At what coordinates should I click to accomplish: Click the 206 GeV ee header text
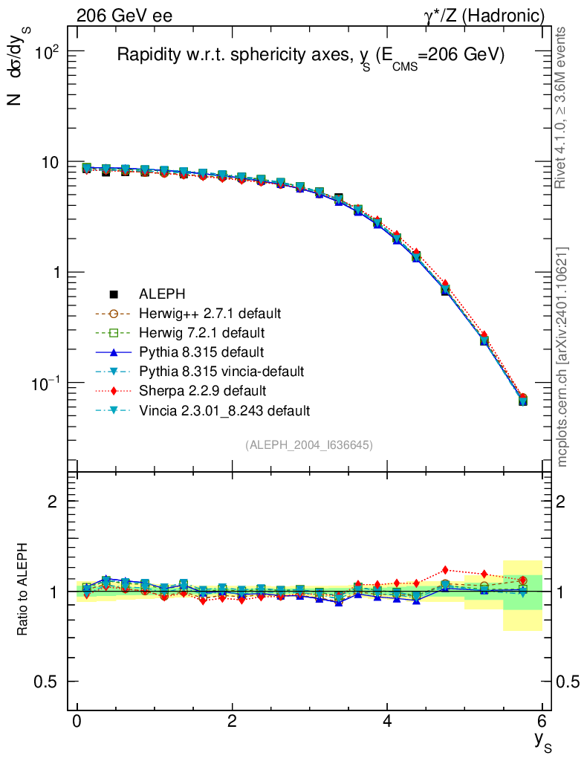coord(124,15)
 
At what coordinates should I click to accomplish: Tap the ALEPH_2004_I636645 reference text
coord(309,444)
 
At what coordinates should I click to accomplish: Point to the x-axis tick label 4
coord(387,722)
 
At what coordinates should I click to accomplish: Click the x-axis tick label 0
coord(77,722)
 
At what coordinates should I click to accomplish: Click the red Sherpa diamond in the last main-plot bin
coord(523,398)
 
